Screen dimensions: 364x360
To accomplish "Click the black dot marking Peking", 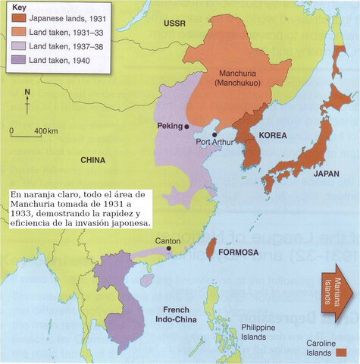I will [x=187, y=127].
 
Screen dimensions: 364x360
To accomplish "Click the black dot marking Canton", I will [x=168, y=248].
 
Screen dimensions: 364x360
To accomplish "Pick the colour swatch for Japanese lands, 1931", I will [x=17, y=19].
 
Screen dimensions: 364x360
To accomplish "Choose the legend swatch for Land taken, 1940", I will [x=17, y=59].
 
